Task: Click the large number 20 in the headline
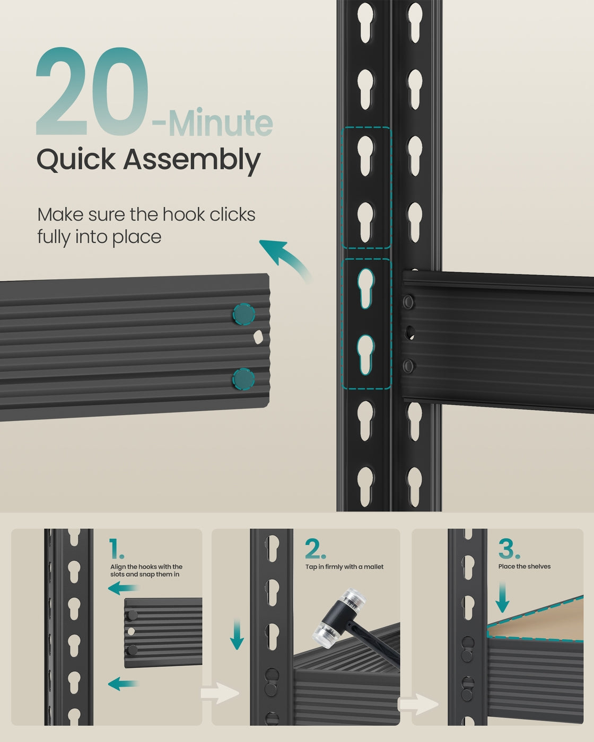tap(92, 91)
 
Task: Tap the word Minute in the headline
tap(221, 122)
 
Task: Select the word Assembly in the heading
tap(191, 160)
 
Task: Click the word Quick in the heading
tap(76, 160)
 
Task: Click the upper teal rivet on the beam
tap(243, 314)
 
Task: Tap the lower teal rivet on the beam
tap(243, 379)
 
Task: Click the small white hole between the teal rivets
tap(258, 337)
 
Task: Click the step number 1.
tap(116, 548)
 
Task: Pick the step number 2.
tap(315, 549)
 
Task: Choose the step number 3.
tap(509, 549)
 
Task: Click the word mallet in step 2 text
tap(374, 567)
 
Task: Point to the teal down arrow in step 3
tap(502, 597)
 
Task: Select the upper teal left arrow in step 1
tap(123, 588)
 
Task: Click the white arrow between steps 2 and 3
tap(417, 704)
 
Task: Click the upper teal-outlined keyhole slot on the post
tap(365, 288)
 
